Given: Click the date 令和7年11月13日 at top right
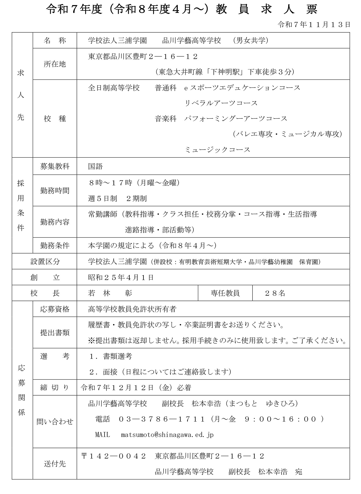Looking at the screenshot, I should tap(314, 25).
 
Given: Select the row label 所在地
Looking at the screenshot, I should tap(55, 64).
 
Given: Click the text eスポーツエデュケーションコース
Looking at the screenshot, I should tap(242, 88).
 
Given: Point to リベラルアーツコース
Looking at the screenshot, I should tap(221, 103).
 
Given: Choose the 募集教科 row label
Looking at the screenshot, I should tap(55, 166).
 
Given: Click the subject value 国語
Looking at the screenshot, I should tap(95, 166).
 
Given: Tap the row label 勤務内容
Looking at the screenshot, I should tap(55, 222).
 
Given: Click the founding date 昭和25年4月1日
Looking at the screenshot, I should tap(121, 278).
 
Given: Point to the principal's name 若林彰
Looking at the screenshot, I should tap(110, 293).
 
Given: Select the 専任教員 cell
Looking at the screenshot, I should tap(225, 293).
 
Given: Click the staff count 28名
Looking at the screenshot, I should tap(275, 293).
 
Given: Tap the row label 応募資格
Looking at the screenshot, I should tap(55, 309).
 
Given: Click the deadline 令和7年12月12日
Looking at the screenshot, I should tap(117, 388).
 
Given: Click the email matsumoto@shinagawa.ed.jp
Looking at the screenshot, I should tap(167, 435).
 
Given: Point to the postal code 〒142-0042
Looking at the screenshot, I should tap(113, 456).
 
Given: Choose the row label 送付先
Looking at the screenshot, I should tap(55, 464).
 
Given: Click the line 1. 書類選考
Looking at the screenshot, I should tap(111, 356).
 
